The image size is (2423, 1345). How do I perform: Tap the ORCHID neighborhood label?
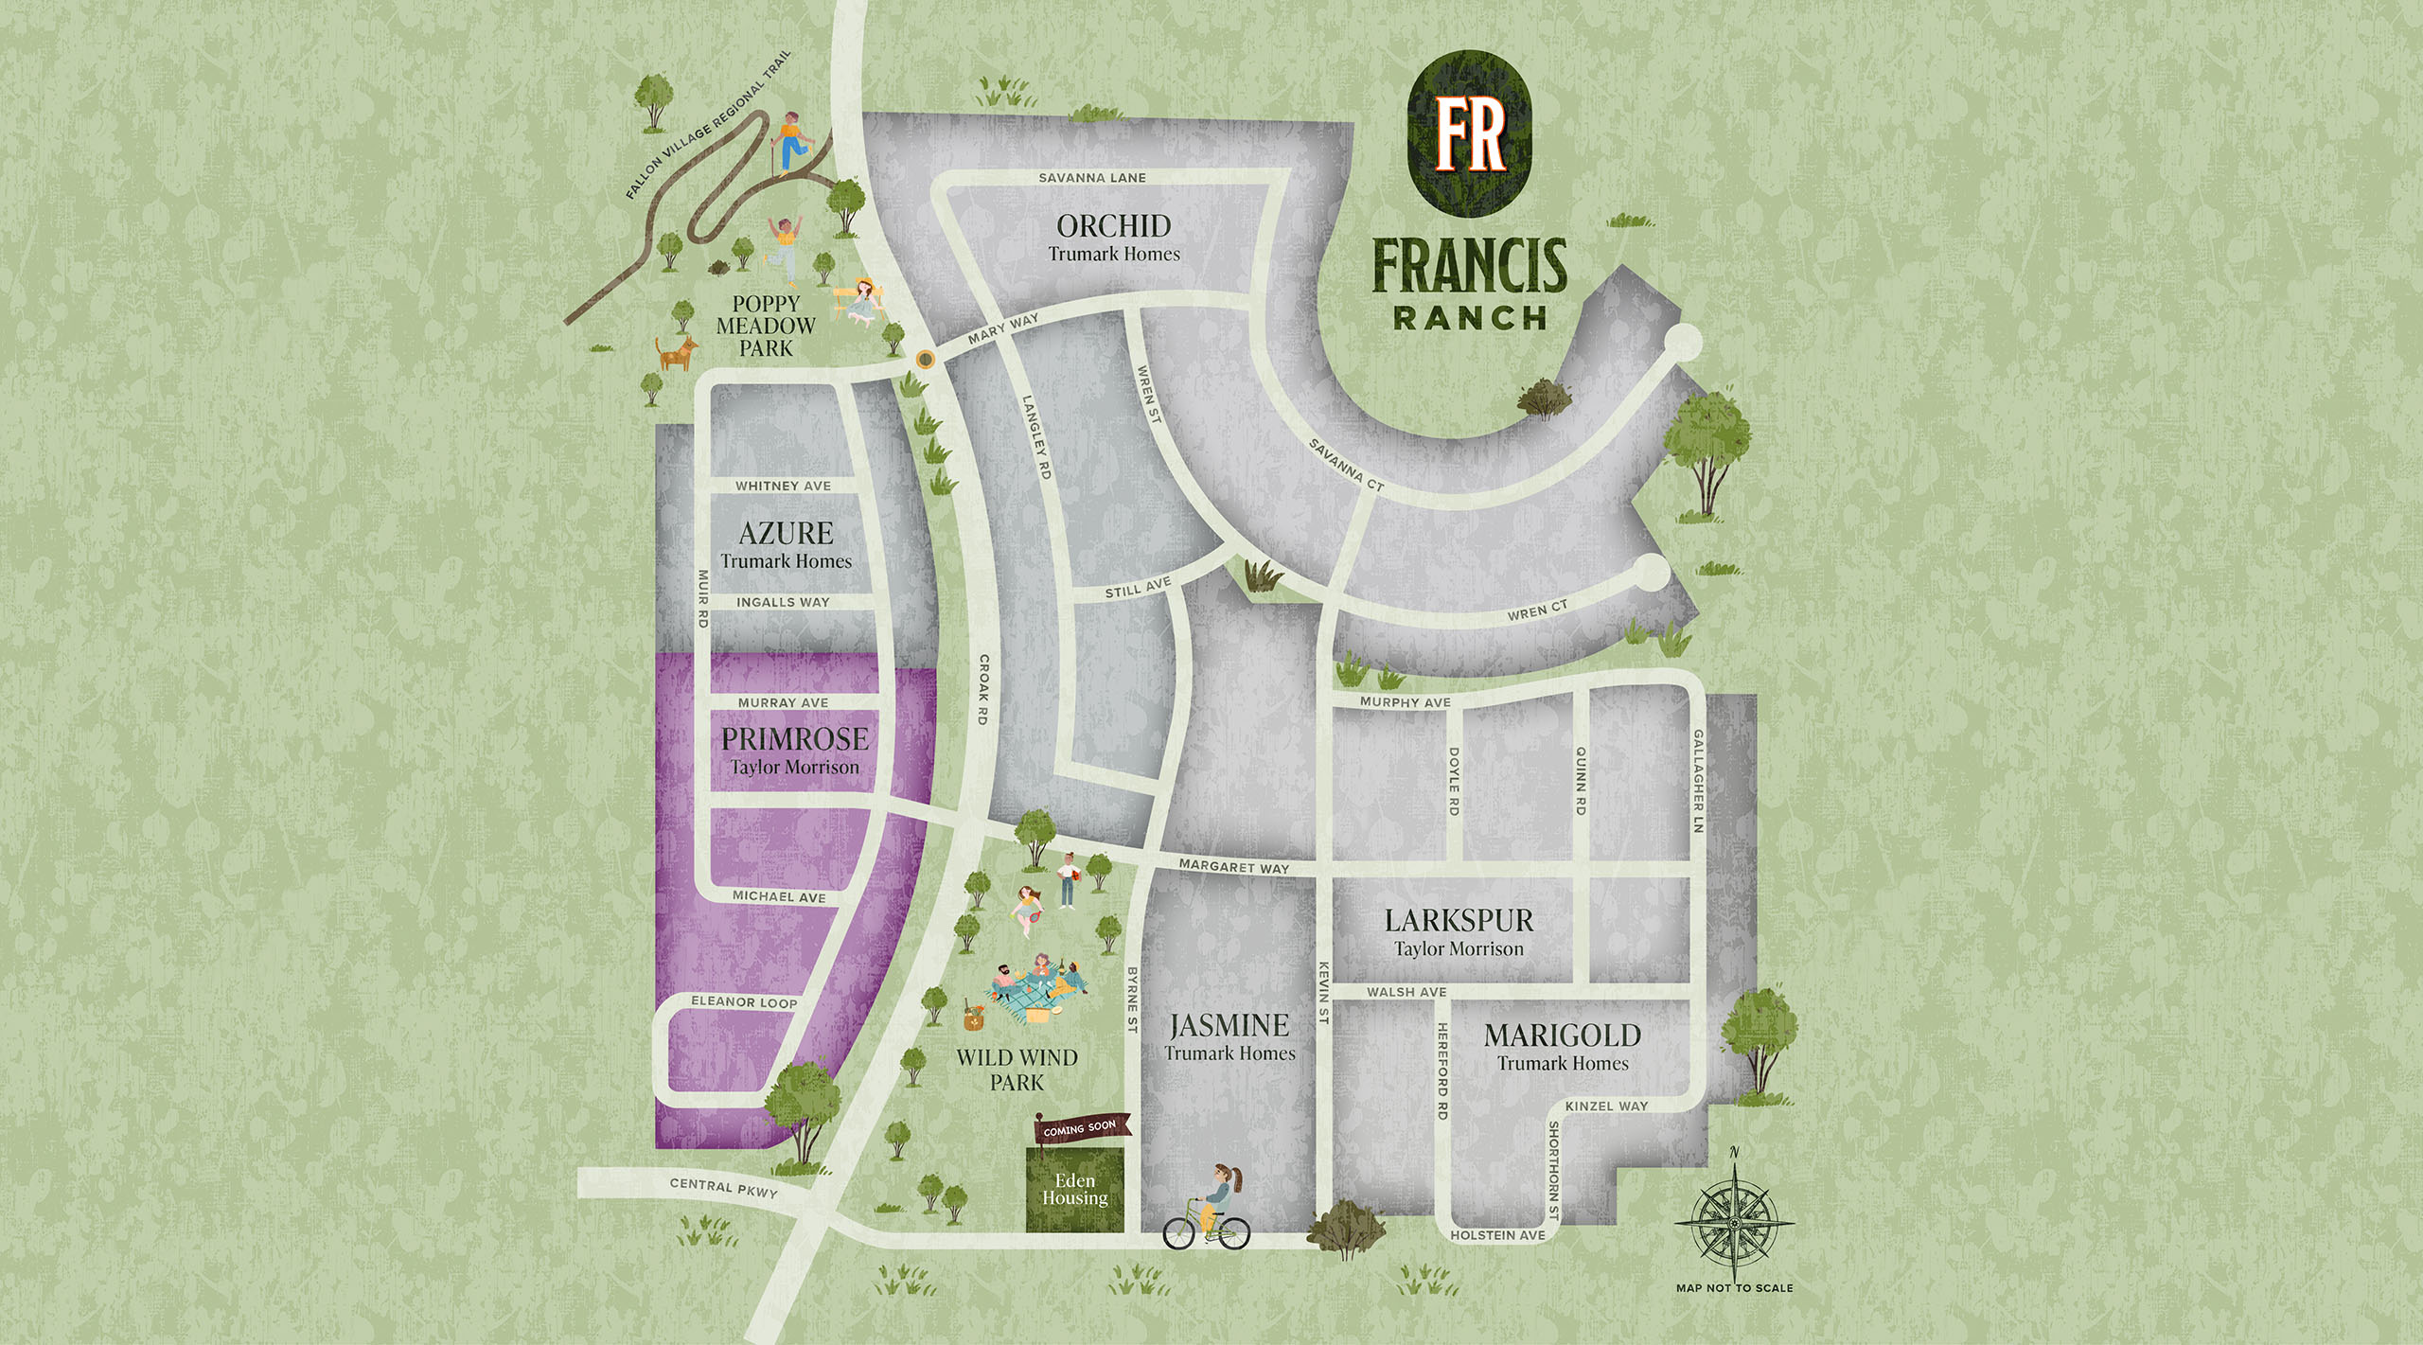pyautogui.click(x=1114, y=226)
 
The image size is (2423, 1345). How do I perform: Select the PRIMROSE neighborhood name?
pyautogui.click(x=794, y=739)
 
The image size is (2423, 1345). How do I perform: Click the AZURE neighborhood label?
pyautogui.click(x=786, y=534)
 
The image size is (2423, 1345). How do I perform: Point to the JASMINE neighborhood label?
pyautogui.click(x=1229, y=1026)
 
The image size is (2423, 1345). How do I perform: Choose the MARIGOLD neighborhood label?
pyautogui.click(x=1563, y=1035)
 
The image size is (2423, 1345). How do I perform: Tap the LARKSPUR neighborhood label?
pyautogui.click(x=1459, y=921)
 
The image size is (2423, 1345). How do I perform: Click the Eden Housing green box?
pyautogui.click(x=1075, y=1190)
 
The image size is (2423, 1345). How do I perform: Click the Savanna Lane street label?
pyautogui.click(x=1092, y=178)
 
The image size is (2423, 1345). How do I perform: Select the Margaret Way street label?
pyautogui.click(x=1233, y=867)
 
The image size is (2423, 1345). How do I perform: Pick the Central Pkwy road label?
pyautogui.click(x=723, y=1188)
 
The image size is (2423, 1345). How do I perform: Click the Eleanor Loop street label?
pyautogui.click(x=744, y=1002)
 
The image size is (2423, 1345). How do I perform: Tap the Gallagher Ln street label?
pyautogui.click(x=1698, y=781)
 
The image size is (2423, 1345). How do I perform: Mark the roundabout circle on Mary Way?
pyautogui.click(x=925, y=360)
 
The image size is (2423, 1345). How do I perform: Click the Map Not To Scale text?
pyautogui.click(x=1734, y=1288)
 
